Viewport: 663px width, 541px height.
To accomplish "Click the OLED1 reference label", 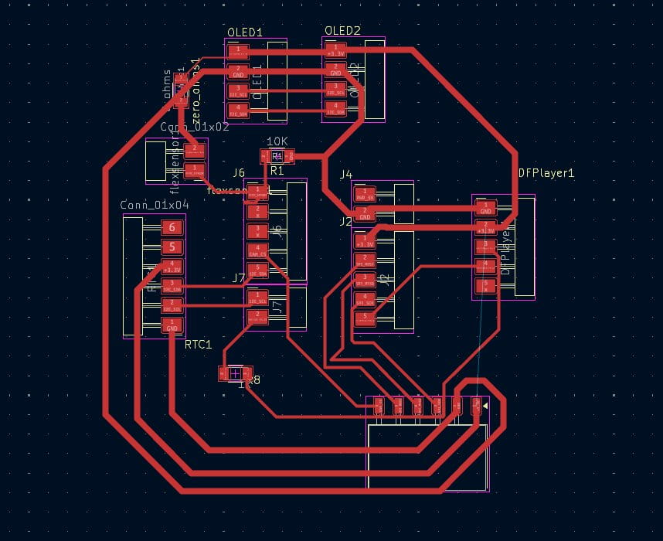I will pos(245,32).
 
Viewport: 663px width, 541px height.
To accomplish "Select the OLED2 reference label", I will pos(342,31).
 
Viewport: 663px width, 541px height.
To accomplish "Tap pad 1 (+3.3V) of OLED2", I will pos(335,52).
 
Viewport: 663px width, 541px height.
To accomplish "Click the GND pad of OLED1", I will pos(238,72).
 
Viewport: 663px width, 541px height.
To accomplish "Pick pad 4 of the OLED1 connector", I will pos(238,110).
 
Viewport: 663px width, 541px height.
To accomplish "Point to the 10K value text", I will pos(277,142).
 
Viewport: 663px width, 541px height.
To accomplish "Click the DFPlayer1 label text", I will pos(546,173).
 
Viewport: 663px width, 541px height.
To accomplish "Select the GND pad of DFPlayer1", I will pos(485,209).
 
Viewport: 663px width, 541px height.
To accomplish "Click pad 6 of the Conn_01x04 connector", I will pos(172,227).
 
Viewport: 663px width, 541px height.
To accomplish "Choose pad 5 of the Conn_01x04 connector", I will pos(172,247).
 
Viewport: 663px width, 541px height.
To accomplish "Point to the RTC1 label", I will pos(198,344).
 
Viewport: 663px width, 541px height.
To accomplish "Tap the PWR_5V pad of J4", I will pos(365,193).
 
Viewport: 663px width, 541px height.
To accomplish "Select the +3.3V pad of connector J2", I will pos(364,240).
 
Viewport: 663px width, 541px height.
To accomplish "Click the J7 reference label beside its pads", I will pos(238,278).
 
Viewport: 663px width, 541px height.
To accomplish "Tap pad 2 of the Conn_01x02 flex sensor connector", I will pos(195,148).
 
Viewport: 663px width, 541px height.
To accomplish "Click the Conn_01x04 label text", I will pos(155,205).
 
